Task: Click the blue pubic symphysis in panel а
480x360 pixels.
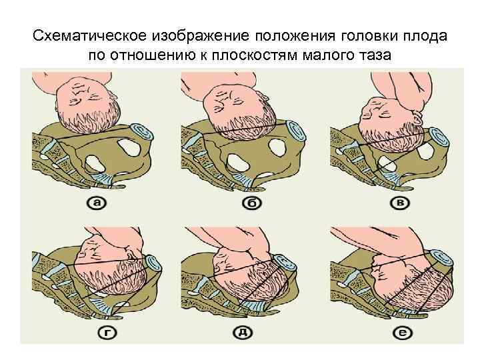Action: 140,131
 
